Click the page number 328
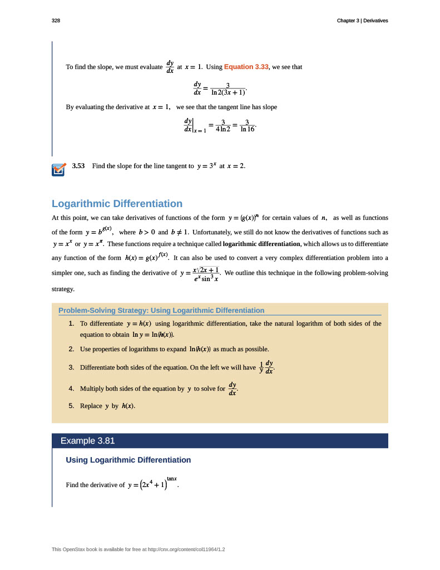[56, 21]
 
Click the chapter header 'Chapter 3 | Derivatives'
[362, 21]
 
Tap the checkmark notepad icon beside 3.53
[58, 169]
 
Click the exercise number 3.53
[78, 166]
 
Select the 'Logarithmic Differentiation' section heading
[117, 204]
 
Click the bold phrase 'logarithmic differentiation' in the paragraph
[261, 244]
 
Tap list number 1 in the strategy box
[71, 323]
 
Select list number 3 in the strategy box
[71, 367]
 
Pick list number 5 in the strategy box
[71, 406]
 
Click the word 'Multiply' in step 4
[92, 389]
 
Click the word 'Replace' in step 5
[91, 406]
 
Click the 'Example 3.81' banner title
[87, 441]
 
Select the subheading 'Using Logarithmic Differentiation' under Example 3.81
[128, 460]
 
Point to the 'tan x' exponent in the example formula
[171, 478]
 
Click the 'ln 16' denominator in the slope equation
[246, 129]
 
